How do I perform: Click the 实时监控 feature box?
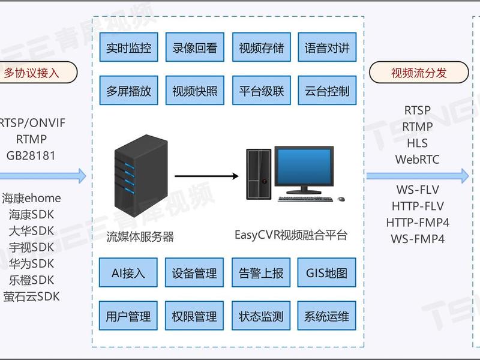pyautogui.click(x=128, y=47)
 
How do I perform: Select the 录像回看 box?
pyautogui.click(x=194, y=47)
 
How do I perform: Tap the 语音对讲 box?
pyautogui.click(x=327, y=47)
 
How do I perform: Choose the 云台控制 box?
pyautogui.click(x=327, y=91)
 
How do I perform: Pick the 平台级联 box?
pyautogui.click(x=262, y=91)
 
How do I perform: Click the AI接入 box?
pyautogui.click(x=128, y=272)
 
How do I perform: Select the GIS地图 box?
pyautogui.click(x=326, y=272)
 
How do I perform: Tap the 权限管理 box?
pyautogui.click(x=194, y=316)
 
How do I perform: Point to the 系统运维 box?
pyautogui.click(x=326, y=316)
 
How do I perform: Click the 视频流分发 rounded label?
pyautogui.click(x=419, y=73)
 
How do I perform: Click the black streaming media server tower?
pyautogui.click(x=141, y=176)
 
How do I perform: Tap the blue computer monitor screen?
pyautogui.click(x=304, y=166)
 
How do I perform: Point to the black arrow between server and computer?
pyautogui.click(x=206, y=176)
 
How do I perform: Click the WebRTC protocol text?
pyautogui.click(x=417, y=160)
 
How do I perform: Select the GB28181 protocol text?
pyautogui.click(x=31, y=155)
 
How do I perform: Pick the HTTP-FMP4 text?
pyautogui.click(x=418, y=223)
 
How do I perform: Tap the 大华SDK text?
pyautogui.click(x=31, y=231)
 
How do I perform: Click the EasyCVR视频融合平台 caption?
pyautogui.click(x=291, y=235)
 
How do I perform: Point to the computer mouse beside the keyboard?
pyautogui.click(x=341, y=199)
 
